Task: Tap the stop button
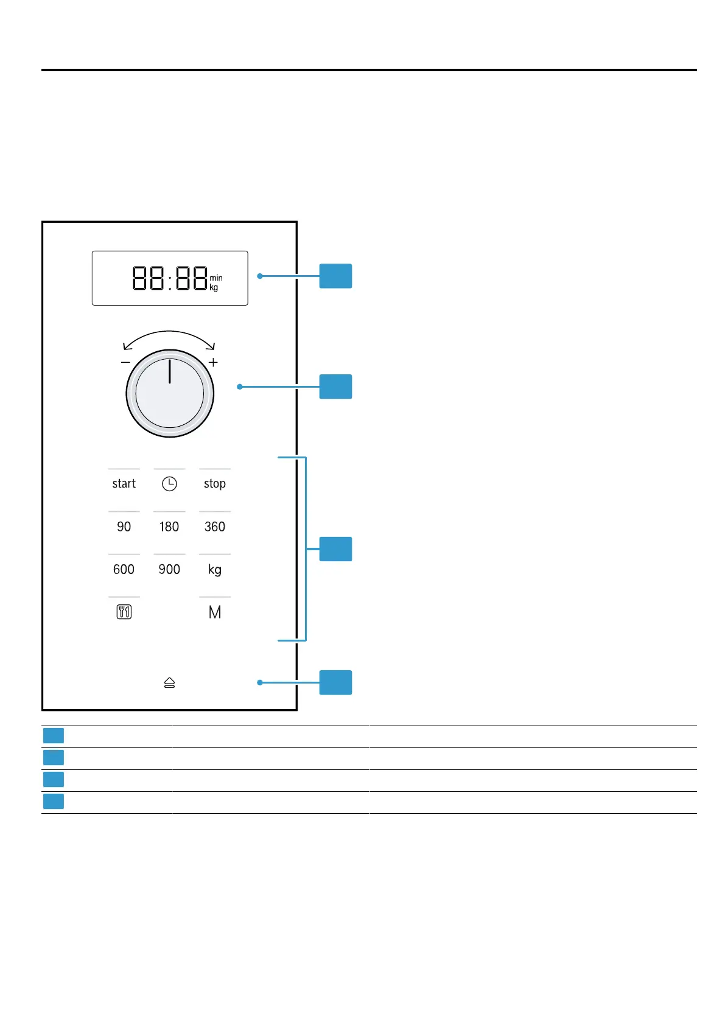(214, 484)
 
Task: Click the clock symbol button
(169, 484)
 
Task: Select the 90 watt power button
(124, 526)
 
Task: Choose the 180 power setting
(169, 526)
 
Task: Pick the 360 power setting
(214, 526)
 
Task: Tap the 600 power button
(124, 569)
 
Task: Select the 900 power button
(169, 569)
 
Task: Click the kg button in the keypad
(214, 570)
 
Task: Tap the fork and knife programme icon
(124, 612)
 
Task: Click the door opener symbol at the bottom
(169, 683)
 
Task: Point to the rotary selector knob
(170, 393)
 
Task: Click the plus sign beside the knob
(213, 362)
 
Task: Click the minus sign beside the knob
(125, 362)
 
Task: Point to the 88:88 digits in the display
(170, 278)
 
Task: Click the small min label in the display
(216, 278)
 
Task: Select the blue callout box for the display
(335, 276)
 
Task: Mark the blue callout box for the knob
(335, 387)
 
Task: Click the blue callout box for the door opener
(335, 682)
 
